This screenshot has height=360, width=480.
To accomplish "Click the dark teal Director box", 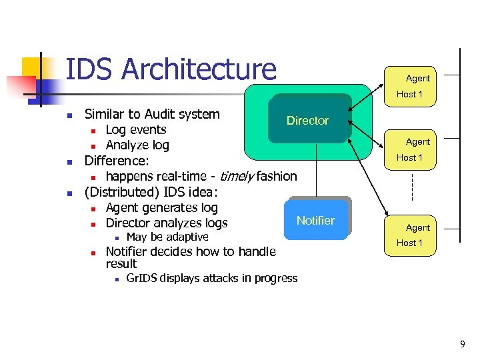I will coord(308,120).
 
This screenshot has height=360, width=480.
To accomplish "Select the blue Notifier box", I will coord(315,220).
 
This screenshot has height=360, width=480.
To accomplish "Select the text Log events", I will coord(136,129).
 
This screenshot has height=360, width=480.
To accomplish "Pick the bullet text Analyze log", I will coord(137,145).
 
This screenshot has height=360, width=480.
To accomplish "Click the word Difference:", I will coord(117,161).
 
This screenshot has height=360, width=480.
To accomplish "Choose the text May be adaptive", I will coord(167,237).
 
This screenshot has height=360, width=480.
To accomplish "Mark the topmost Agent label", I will coord(418,78).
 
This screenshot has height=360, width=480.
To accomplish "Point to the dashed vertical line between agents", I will coord(413,187).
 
